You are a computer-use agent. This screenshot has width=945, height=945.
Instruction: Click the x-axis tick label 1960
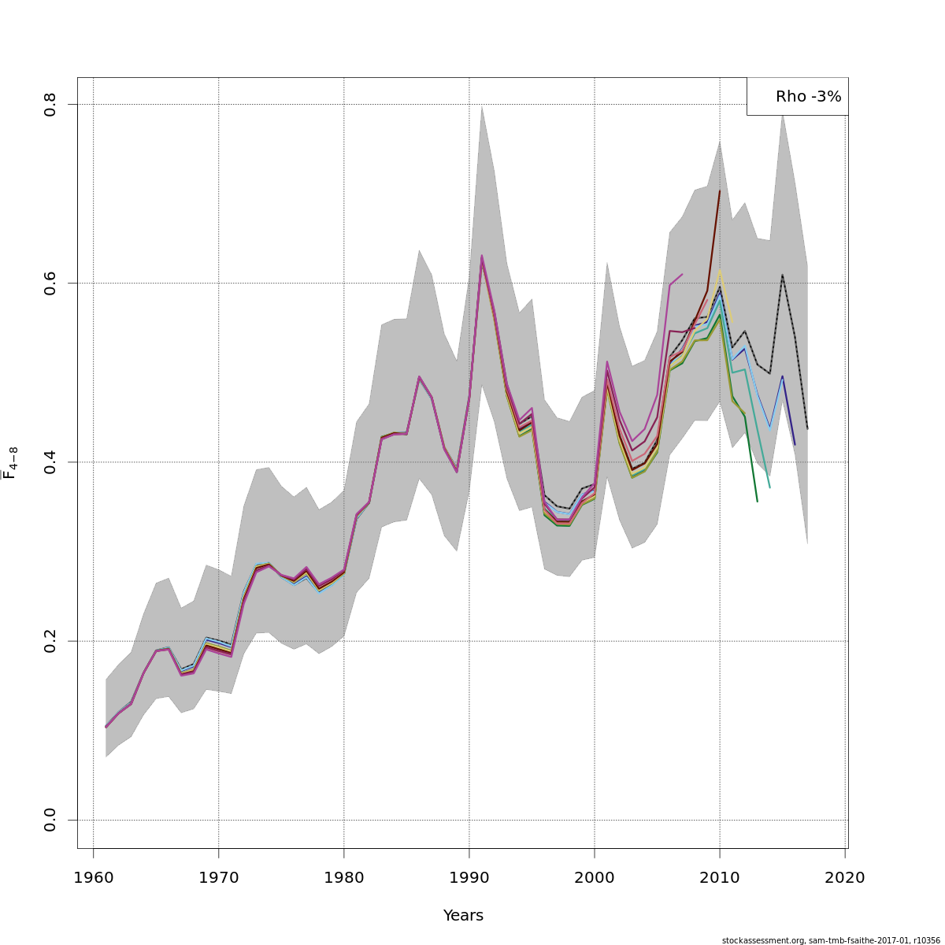coord(94,877)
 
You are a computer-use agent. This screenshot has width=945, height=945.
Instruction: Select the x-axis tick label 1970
coord(219,877)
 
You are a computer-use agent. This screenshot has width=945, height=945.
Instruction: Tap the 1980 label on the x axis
coord(344,877)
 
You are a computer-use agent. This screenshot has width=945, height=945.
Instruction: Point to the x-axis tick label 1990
coord(469,877)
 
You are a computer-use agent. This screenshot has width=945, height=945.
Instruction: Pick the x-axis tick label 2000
coord(595,877)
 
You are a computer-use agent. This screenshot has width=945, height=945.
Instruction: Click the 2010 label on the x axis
coord(720,877)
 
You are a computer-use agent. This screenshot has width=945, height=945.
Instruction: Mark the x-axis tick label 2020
coord(845,877)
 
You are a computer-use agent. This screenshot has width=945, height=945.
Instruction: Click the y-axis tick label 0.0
coord(50,820)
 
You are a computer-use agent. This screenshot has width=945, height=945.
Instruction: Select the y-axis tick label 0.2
coord(50,641)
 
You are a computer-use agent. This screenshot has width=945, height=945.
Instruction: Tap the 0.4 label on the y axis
coord(50,462)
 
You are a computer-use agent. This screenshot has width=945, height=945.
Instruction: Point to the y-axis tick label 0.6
coord(50,283)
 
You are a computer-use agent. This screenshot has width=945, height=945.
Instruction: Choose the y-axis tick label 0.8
coord(50,105)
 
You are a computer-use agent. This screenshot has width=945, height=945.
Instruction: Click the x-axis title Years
coord(463,916)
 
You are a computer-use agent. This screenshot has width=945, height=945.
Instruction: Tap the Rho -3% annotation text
coord(808,97)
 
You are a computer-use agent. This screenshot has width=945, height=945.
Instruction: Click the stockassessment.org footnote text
coord(831,940)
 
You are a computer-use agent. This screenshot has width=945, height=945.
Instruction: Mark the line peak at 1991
coord(481,256)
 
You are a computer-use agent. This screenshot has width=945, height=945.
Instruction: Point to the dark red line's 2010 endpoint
coord(720,191)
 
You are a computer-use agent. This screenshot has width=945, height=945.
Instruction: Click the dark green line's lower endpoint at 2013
coord(757,502)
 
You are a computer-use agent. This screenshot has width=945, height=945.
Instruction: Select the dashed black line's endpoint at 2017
coord(807,429)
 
